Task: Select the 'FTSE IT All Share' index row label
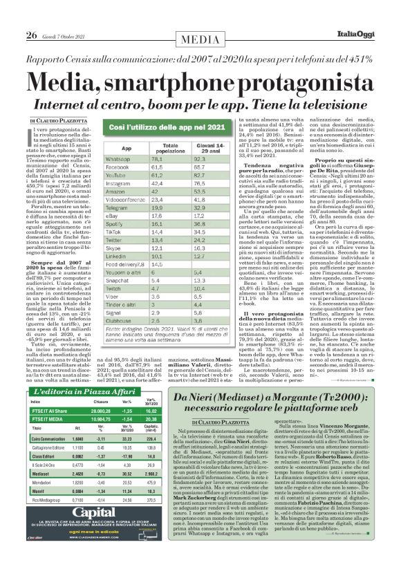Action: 50,409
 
